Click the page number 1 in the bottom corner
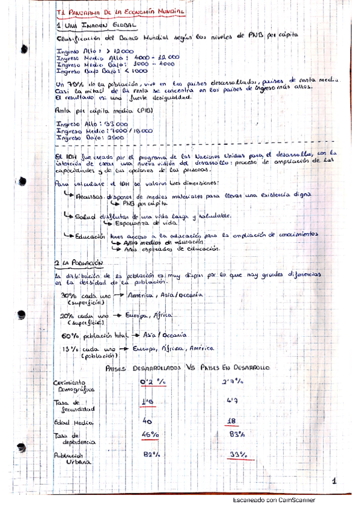pos(334,481)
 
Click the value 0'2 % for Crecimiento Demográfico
pos(152,381)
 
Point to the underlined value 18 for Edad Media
pos(236,422)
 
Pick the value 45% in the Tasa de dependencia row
pos(150,435)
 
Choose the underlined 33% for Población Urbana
pos(239,455)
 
